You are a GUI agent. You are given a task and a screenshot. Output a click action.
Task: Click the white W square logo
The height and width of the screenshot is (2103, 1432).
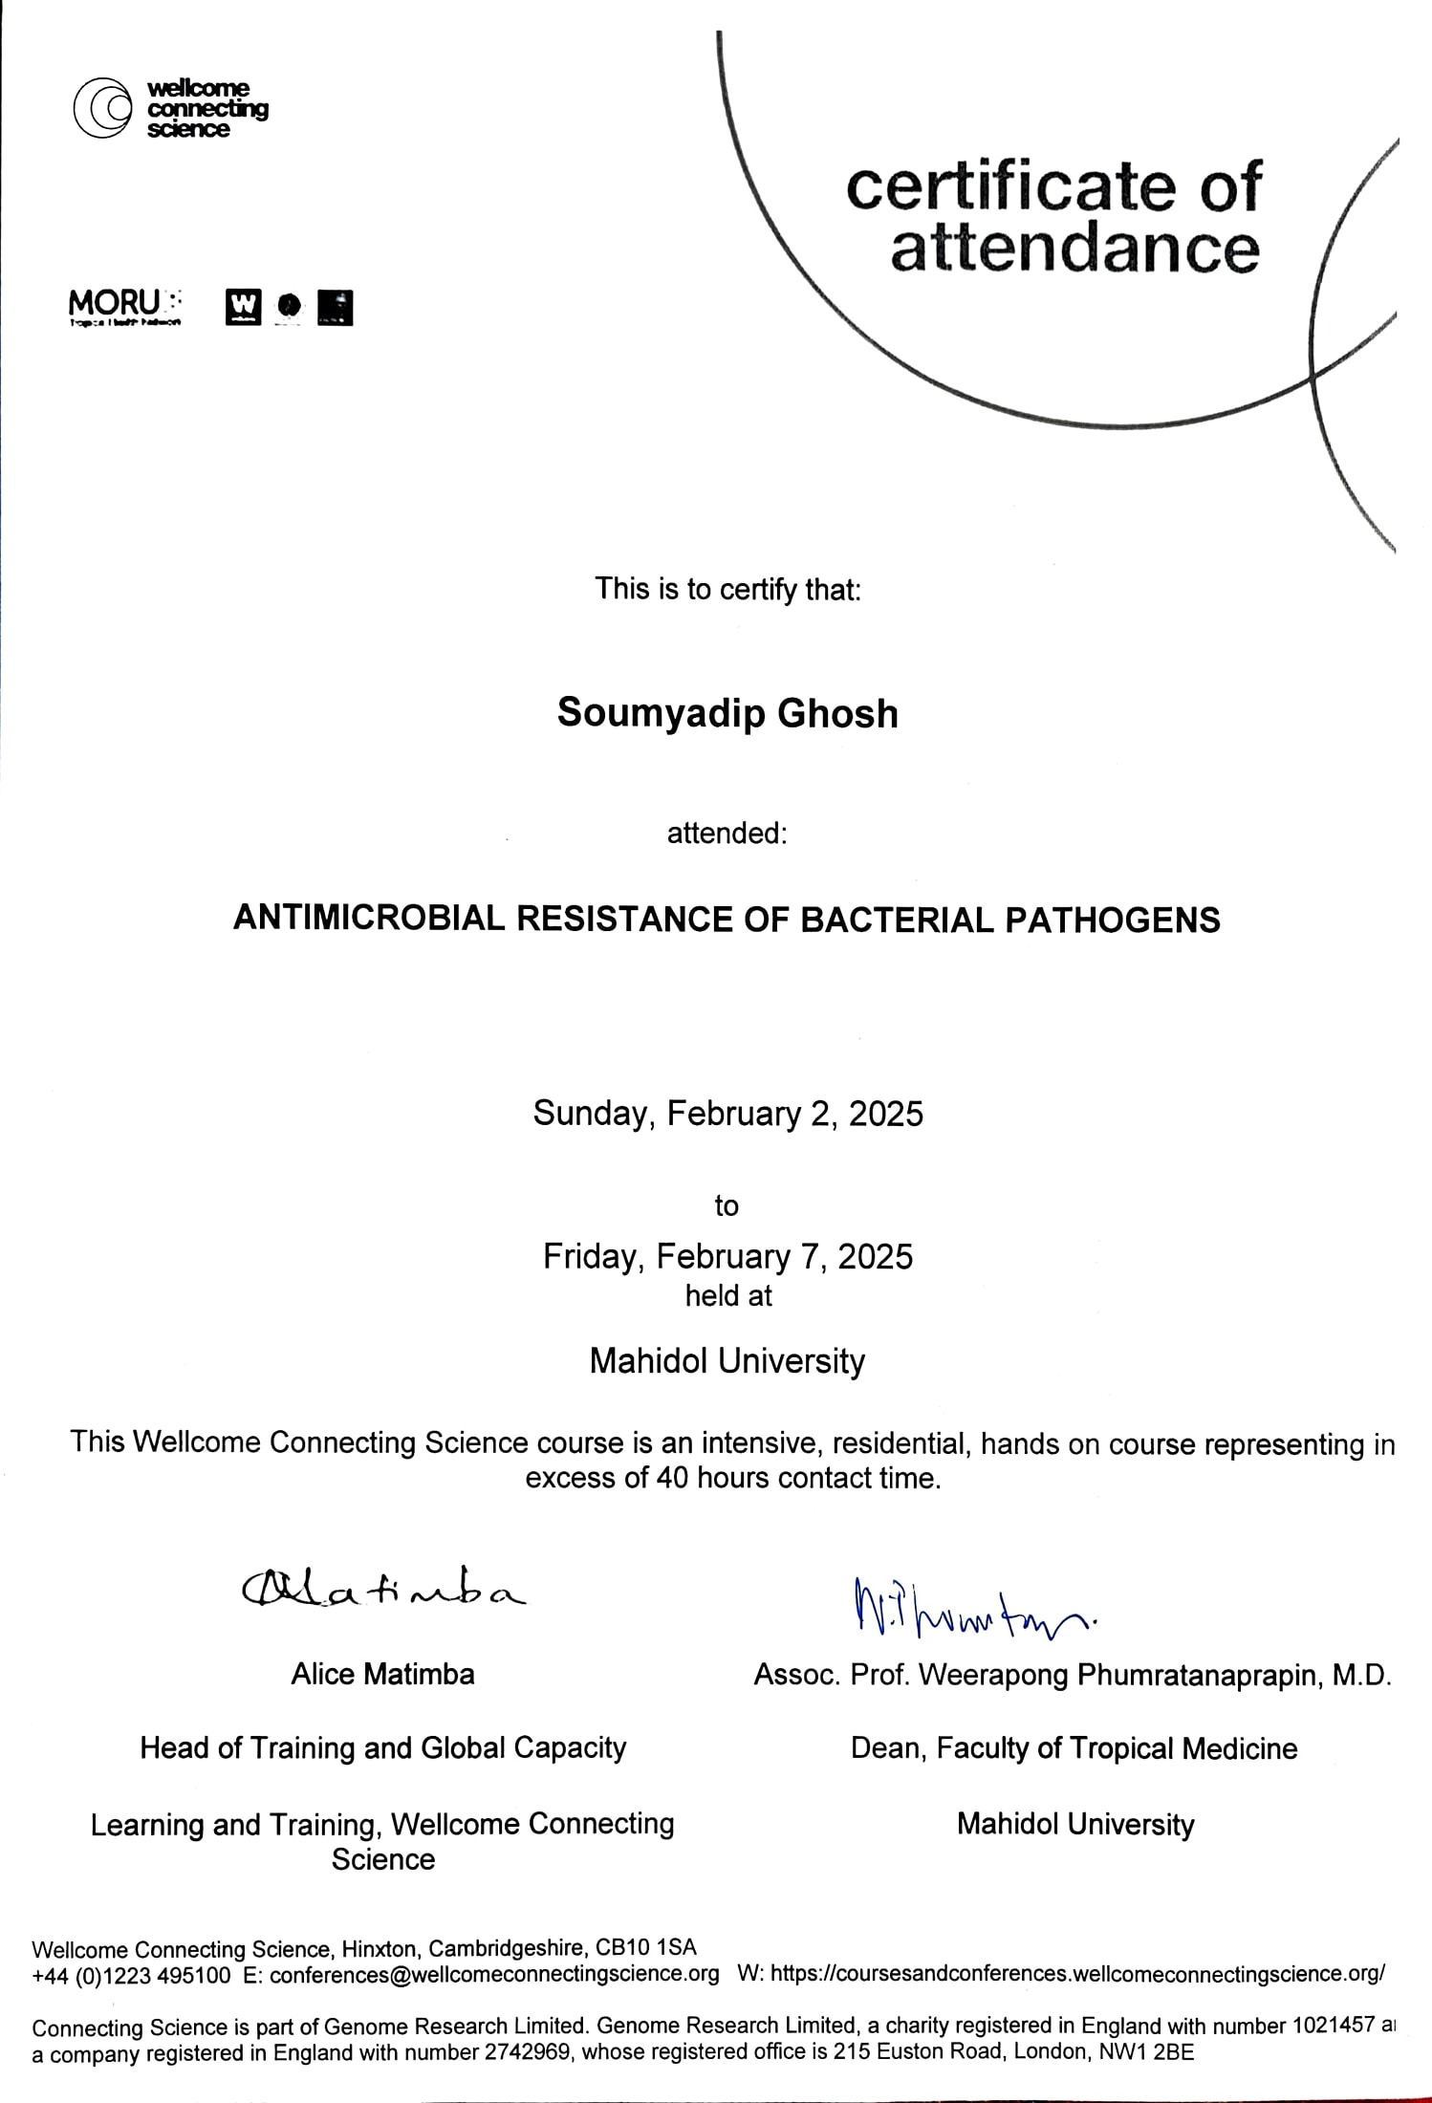[243, 307]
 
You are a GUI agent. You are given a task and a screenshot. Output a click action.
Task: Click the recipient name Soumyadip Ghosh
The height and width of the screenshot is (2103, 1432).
[727, 713]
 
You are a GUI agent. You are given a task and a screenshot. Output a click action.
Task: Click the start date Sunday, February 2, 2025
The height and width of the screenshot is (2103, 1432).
[727, 1114]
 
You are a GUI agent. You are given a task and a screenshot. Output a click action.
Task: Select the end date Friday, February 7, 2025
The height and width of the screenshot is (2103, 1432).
[727, 1255]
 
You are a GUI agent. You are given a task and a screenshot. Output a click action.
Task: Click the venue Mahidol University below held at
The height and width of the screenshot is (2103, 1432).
[727, 1360]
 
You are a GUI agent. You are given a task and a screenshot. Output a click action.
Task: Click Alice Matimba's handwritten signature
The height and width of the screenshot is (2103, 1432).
[382, 1591]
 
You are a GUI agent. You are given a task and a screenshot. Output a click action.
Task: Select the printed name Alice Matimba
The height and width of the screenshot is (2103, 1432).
[382, 1674]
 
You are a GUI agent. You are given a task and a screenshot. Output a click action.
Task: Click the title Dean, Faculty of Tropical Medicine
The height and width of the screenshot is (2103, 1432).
[1074, 1748]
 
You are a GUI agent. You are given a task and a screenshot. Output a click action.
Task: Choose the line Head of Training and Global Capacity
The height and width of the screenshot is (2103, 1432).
[382, 1747]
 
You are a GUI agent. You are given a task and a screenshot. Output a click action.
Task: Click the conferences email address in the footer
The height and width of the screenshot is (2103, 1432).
[494, 1975]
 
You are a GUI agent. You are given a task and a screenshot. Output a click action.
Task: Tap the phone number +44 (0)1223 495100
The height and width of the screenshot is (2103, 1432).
[131, 1976]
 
